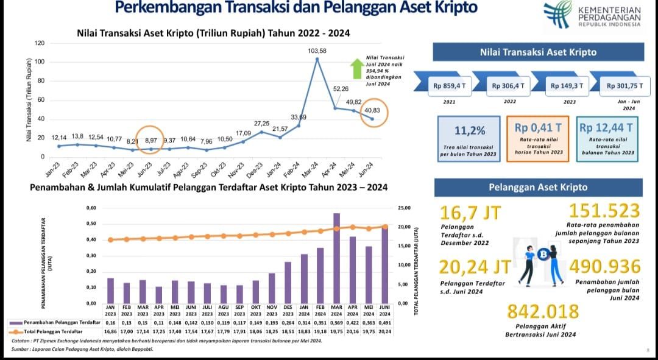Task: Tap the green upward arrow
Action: point(357,69)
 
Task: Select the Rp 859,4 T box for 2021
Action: point(450,86)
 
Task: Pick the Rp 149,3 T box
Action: point(567,86)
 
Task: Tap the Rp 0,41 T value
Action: point(538,128)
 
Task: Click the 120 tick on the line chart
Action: point(40,43)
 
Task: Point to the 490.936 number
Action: point(605,267)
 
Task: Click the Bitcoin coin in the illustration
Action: point(543,254)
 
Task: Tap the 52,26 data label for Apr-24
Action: point(341,89)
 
